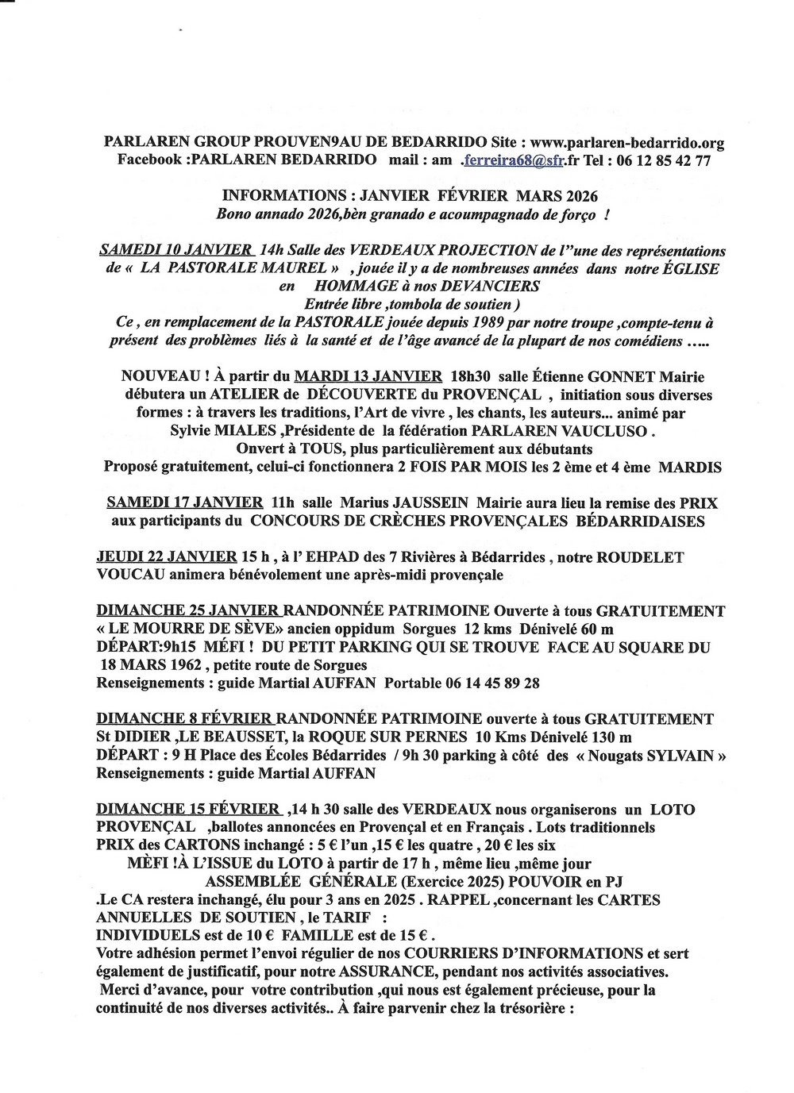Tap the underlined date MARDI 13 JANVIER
(x=368, y=376)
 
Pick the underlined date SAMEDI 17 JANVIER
(x=185, y=502)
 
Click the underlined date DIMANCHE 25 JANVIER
(x=188, y=611)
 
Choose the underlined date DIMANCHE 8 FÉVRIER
(x=185, y=719)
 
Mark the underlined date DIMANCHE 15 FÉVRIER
(x=188, y=810)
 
